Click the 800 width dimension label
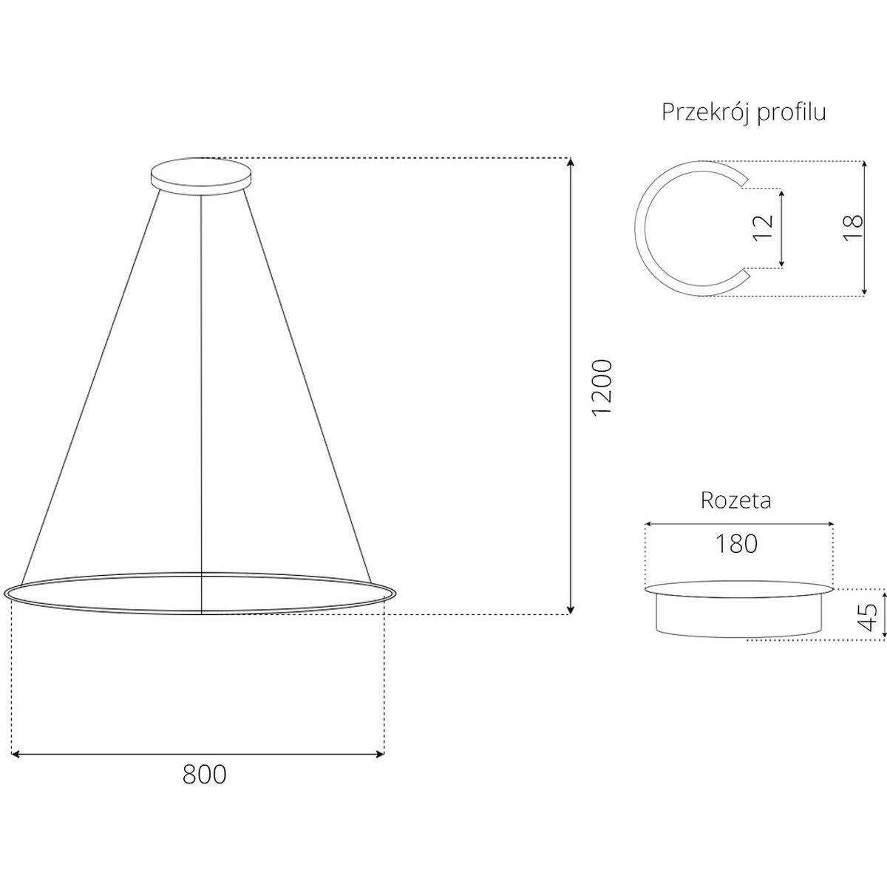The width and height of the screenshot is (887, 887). (x=204, y=775)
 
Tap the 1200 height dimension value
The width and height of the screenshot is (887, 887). (x=602, y=388)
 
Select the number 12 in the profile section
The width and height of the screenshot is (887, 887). (x=762, y=228)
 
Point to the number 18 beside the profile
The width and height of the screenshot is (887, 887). (x=853, y=228)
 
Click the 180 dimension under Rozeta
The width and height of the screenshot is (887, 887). (x=736, y=543)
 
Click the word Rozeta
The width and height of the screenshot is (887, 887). (x=735, y=500)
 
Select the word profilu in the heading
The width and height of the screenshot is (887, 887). (x=791, y=112)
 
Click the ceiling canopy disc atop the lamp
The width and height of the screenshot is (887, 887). (x=202, y=177)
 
